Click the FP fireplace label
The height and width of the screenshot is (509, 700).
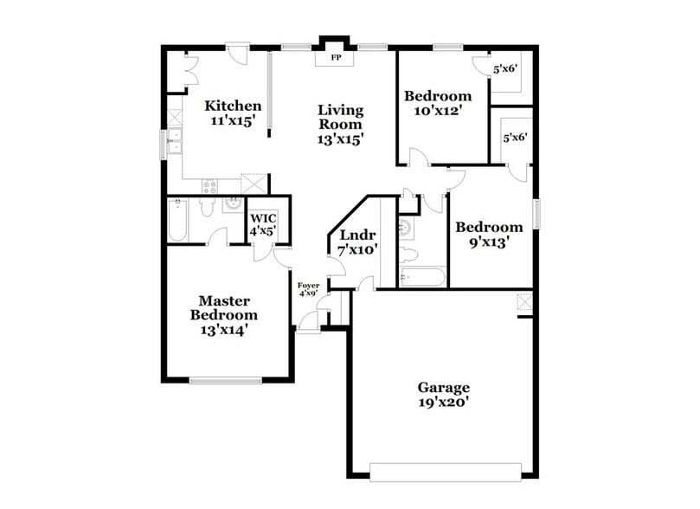336,60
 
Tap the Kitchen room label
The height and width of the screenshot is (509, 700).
233,106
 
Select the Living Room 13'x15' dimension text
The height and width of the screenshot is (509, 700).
340,138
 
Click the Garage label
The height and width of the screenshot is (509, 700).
444,387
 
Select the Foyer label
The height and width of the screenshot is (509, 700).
309,285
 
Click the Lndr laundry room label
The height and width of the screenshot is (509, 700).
356,235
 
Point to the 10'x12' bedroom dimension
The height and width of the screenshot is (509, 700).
438,111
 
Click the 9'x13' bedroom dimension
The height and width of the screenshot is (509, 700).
490,243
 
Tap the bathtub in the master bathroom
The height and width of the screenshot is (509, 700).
176,220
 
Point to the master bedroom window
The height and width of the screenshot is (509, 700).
225,379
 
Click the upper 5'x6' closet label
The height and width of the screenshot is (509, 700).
504,68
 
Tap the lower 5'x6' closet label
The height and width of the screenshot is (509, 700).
515,137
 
